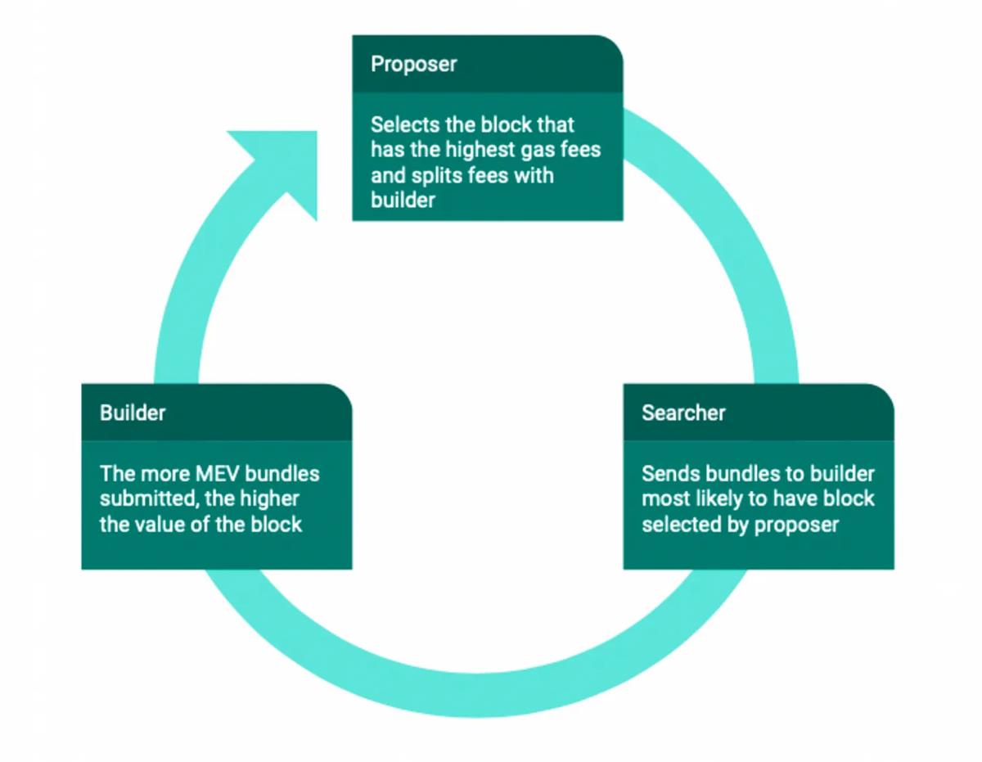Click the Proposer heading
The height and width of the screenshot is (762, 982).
[413, 64]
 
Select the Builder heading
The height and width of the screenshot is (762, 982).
[133, 413]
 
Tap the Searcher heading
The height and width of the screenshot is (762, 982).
[683, 413]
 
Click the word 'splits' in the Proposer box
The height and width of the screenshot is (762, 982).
[433, 176]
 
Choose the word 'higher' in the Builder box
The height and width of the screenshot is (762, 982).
[271, 498]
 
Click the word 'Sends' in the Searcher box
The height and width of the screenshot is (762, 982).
[665, 474]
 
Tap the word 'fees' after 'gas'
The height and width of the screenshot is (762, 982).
[581, 151]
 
